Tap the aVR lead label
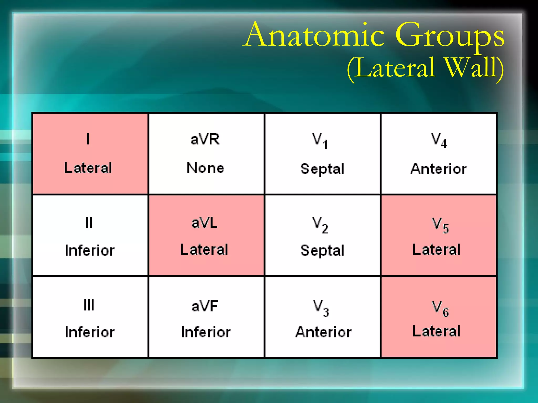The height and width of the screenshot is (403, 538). [205, 139]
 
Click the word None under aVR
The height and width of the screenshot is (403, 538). [205, 168]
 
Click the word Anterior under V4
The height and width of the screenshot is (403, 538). [439, 169]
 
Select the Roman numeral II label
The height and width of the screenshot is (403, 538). [89, 223]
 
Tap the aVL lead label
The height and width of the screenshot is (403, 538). [205, 223]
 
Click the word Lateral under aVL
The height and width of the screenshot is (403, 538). [204, 250]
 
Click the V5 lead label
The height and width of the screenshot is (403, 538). [440, 225]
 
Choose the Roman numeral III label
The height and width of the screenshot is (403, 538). [89, 305]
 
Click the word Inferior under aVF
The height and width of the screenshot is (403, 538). [206, 332]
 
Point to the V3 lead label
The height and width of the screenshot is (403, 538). [320, 308]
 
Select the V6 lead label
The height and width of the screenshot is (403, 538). [440, 308]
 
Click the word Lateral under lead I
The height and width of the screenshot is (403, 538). [88, 168]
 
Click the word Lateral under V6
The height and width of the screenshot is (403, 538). [436, 331]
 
